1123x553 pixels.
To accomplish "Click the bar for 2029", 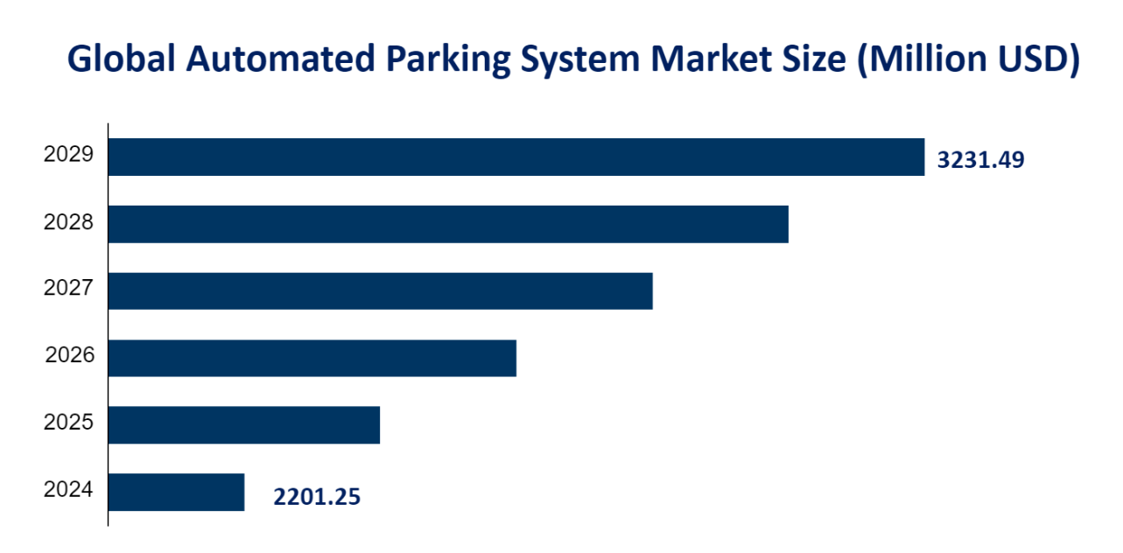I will (x=516, y=157).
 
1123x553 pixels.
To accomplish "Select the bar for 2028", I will (x=448, y=224).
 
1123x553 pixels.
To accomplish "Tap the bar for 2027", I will (x=381, y=290).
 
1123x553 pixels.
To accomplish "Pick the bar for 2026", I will (x=312, y=358).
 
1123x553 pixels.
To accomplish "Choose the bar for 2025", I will (x=244, y=425).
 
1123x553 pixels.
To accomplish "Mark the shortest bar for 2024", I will (x=176, y=492).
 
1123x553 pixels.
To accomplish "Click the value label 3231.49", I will (x=980, y=160).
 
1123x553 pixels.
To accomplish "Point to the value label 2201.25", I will (x=317, y=497).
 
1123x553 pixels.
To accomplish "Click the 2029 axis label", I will (x=68, y=155).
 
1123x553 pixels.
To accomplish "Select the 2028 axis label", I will (x=68, y=222).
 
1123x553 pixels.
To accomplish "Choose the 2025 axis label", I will (x=68, y=423).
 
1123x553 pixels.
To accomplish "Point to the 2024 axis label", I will (x=68, y=489).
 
